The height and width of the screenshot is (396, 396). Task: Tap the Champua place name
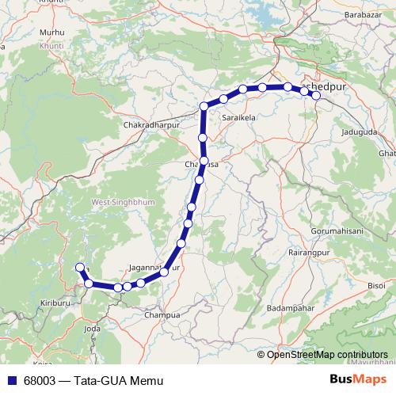(x=162, y=314)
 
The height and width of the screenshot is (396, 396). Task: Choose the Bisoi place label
(x=378, y=284)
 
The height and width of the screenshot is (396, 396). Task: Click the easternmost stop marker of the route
(x=316, y=96)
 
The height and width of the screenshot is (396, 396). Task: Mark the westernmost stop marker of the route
(x=78, y=268)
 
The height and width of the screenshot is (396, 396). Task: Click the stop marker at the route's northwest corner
(x=204, y=106)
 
